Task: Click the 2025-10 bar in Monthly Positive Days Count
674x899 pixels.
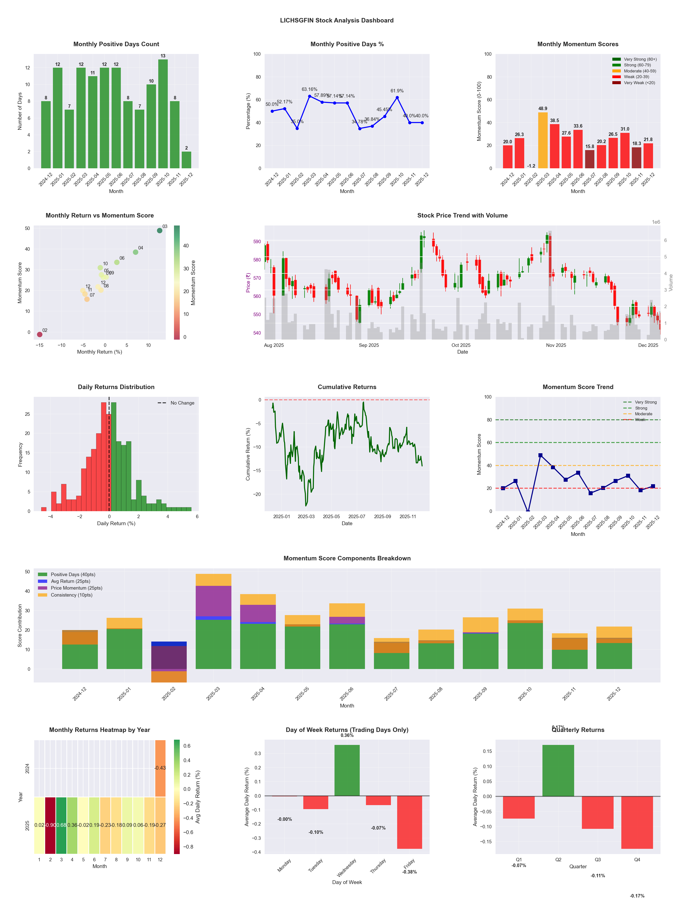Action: [x=163, y=114]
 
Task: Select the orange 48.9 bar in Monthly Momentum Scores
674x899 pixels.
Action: [x=543, y=140]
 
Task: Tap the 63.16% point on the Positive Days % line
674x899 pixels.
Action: [x=310, y=96]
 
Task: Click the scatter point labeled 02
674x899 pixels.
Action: [x=39, y=334]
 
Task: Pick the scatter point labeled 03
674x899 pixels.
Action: [x=160, y=230]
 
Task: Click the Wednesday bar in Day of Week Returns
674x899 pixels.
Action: [x=347, y=770]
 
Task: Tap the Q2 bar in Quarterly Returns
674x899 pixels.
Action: [x=558, y=771]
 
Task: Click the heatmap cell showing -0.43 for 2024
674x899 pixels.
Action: [x=160, y=768]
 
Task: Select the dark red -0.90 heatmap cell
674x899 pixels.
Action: [x=50, y=825]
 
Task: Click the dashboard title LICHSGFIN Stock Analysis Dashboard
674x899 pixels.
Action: [x=337, y=20]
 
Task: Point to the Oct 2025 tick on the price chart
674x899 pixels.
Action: [x=461, y=345]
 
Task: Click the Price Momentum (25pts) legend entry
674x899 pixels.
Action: [x=76, y=588]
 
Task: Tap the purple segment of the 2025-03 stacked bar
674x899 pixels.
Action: [x=213, y=601]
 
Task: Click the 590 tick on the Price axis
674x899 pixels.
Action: [x=257, y=241]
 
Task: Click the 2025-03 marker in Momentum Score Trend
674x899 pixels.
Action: [x=540, y=455]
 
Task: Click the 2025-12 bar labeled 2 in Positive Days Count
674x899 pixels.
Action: [x=186, y=160]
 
